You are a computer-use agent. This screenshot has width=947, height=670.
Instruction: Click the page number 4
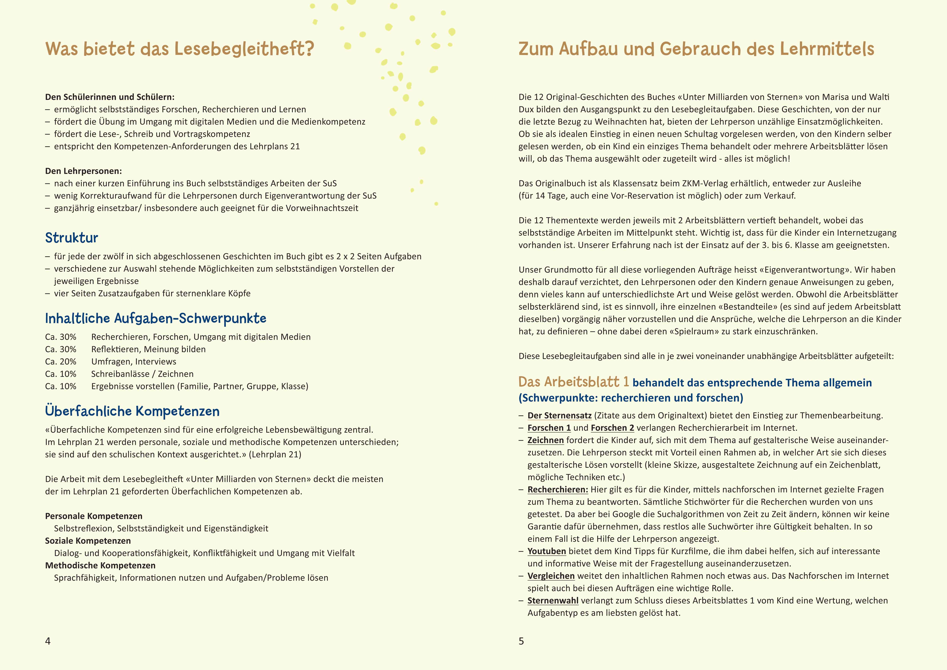48,641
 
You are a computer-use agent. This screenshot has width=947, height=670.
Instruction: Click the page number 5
521,641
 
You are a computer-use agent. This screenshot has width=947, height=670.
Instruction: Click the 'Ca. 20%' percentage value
61,361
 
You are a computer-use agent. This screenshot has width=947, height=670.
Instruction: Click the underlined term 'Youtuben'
547,551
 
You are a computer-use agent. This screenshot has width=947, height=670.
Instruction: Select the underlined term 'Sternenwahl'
553,601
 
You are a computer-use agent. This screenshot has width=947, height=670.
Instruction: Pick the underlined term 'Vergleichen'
551,576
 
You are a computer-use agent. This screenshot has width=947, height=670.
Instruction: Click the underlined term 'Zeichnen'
545,440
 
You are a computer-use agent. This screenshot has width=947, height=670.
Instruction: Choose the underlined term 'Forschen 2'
612,428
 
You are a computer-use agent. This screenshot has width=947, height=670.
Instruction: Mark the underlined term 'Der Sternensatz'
559,415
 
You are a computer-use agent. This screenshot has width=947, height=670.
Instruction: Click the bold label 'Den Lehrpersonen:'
83,171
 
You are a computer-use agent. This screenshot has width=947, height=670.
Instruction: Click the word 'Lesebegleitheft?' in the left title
244,49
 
